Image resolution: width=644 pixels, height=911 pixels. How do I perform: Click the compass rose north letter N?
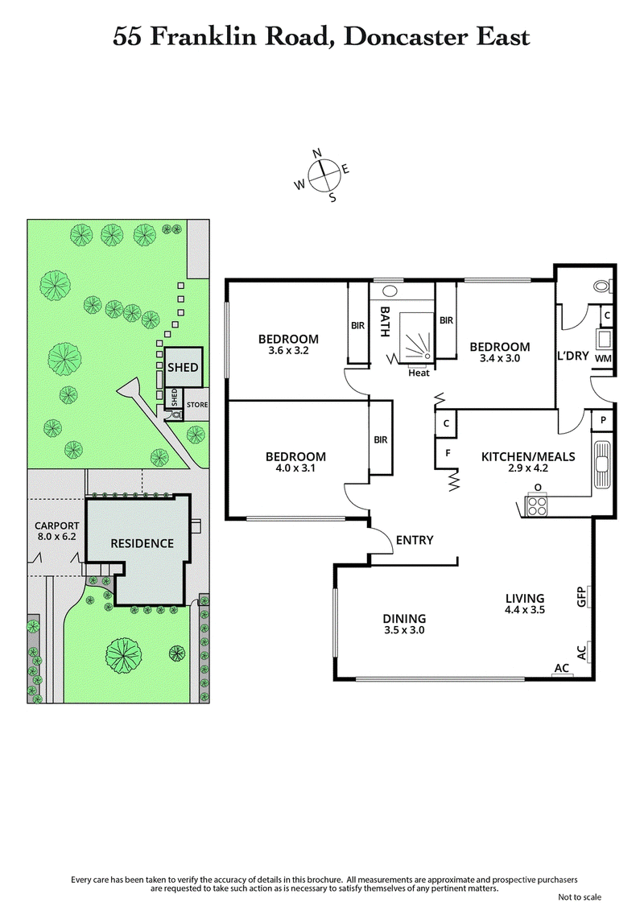click(317, 153)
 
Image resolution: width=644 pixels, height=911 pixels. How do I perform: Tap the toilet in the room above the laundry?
click(600, 285)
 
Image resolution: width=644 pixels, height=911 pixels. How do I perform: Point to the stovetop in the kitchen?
click(536, 505)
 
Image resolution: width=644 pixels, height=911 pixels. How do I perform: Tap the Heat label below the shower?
click(419, 373)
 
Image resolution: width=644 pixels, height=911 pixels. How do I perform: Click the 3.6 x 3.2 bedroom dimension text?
click(287, 351)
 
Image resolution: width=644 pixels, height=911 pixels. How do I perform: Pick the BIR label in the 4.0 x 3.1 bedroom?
click(381, 439)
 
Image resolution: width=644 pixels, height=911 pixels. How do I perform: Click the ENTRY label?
click(415, 540)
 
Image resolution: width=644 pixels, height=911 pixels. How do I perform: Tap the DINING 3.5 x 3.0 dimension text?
click(403, 630)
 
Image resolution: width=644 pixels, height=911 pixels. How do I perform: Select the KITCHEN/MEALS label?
click(528, 456)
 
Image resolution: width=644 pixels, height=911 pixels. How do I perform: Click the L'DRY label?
click(574, 355)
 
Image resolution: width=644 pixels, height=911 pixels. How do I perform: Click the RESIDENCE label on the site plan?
click(142, 543)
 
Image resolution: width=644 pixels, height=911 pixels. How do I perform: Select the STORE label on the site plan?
click(197, 404)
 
